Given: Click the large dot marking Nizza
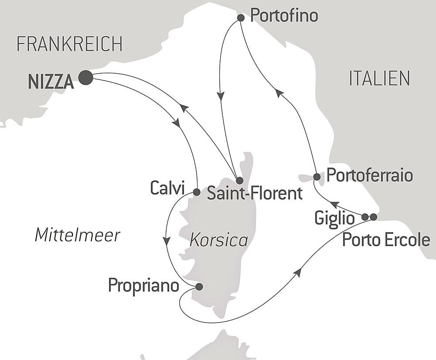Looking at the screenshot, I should tap(85, 78).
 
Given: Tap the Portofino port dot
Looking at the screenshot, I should tap(240, 18).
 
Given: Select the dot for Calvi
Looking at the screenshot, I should tap(196, 192).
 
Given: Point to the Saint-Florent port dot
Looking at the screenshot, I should tap(239, 180).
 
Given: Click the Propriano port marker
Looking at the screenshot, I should tap(199, 287).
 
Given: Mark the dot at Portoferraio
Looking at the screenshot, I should tap(317, 177).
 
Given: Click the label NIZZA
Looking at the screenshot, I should tap(51, 82).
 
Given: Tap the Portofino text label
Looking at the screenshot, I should tap(284, 16).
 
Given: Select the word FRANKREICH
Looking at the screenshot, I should tap(69, 44).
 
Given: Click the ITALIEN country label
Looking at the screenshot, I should tap(379, 78).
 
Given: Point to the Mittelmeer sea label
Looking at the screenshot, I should tap(77, 235).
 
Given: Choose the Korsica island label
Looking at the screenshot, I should tap(219, 240).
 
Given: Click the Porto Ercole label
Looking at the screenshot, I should tap(386, 240).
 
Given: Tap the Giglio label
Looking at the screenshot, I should tap(334, 218).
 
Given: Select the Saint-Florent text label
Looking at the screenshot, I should tap(255, 193).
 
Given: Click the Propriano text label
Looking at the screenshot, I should tap(143, 286).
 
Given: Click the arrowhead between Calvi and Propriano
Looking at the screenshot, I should tap(166, 241).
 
